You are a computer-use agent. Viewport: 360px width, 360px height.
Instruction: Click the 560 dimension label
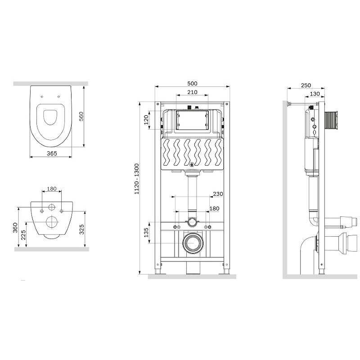81,117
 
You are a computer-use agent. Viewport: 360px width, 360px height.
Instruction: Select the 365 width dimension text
52,153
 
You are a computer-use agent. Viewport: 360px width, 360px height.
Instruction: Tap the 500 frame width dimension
192,83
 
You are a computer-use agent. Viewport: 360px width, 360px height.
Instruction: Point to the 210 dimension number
192,92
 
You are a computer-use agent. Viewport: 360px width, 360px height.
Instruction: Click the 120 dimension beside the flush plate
146,120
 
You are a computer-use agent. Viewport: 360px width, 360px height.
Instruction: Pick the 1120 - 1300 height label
137,179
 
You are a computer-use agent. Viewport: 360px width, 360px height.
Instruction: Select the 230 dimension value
218,194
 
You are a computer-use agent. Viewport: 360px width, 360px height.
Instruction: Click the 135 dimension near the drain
146,233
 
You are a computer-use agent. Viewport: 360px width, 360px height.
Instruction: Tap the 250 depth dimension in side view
306,85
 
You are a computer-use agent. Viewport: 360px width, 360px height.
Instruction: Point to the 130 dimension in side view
315,94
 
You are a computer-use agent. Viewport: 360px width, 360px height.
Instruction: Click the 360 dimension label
15,228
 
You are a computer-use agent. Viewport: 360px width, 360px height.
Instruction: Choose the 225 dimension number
23,235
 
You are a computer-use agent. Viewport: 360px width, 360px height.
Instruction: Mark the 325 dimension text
81,229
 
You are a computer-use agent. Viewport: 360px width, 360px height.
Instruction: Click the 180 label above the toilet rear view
52,189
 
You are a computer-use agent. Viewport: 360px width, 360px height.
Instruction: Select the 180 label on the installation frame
214,208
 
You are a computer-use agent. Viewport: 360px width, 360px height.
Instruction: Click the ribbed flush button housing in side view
331,121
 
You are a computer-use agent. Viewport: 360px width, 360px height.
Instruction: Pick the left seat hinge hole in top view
42,97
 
